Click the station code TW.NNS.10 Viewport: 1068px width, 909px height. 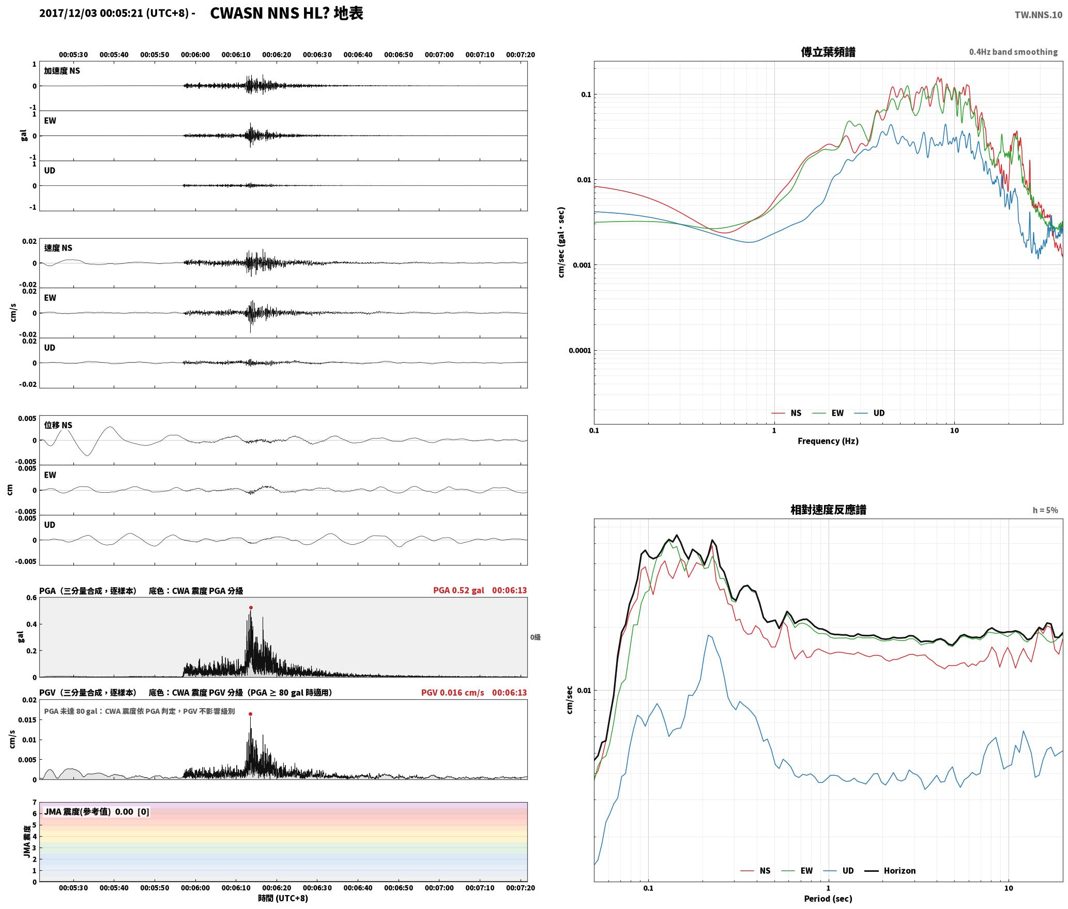(1038, 14)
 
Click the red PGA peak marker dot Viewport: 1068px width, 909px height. (251, 608)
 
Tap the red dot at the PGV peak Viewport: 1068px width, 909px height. (250, 714)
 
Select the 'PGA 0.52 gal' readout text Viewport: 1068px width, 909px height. (459, 590)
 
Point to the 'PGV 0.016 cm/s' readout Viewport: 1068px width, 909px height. (452, 693)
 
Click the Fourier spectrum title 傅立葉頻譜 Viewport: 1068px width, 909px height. (828, 52)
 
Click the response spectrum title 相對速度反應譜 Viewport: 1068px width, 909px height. (828, 510)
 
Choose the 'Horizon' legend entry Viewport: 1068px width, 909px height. (899, 871)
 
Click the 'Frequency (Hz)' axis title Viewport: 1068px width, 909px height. (828, 441)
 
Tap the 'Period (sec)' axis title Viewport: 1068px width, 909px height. (828, 899)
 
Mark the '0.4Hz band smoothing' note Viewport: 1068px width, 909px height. (1013, 52)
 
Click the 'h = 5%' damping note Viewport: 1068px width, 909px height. (1045, 510)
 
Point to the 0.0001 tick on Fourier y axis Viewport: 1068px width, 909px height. (579, 351)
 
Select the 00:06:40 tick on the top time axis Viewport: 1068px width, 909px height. (358, 55)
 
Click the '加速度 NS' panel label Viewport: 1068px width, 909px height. (62, 71)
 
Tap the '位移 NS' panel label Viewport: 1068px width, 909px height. (58, 425)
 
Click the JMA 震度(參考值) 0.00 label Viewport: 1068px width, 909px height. (97, 812)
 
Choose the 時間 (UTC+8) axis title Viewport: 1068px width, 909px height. (283, 898)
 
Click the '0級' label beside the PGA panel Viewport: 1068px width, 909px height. (535, 637)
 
